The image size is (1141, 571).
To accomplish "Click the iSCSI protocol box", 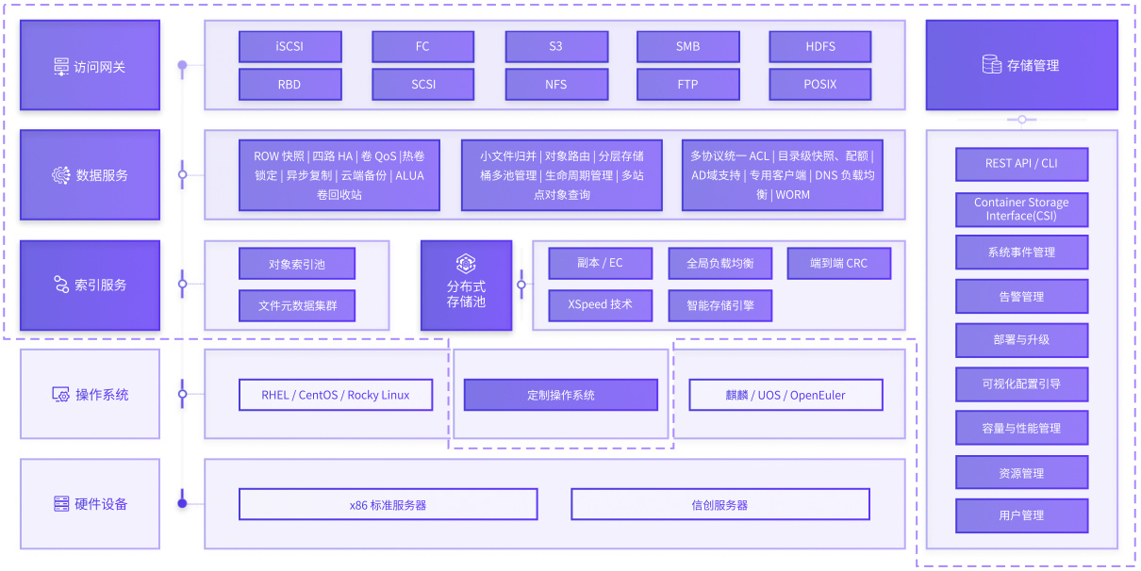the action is point(289,46).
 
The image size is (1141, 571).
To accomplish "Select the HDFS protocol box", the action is point(820,46).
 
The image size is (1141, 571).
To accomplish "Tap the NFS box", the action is point(556,85).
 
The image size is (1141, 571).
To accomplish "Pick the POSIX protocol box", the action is point(820,85).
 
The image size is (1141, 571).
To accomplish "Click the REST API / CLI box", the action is point(1021,164).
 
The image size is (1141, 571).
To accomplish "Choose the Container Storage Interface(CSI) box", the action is point(1021,209).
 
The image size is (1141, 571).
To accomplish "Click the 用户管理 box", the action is point(1021,515).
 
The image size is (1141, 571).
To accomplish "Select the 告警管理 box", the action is point(1021,296).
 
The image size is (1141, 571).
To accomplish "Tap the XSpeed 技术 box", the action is point(600,305).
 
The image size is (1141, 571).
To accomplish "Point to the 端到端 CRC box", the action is point(839,263).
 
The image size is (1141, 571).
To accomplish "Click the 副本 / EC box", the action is point(600,263).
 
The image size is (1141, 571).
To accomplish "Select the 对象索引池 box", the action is point(297,264).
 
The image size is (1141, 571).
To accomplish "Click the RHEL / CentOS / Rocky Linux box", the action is point(336,395).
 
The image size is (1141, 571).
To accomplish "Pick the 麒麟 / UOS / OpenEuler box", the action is point(785,395).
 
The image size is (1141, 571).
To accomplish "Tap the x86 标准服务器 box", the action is point(389,504).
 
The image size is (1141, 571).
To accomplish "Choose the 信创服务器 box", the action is point(719,504).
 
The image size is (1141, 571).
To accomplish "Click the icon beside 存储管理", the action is point(991,65).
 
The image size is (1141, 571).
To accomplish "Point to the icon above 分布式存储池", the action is point(466,264).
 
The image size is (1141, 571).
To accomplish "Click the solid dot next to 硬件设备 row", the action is point(182,503).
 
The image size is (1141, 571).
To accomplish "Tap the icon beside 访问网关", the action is point(61,67).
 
